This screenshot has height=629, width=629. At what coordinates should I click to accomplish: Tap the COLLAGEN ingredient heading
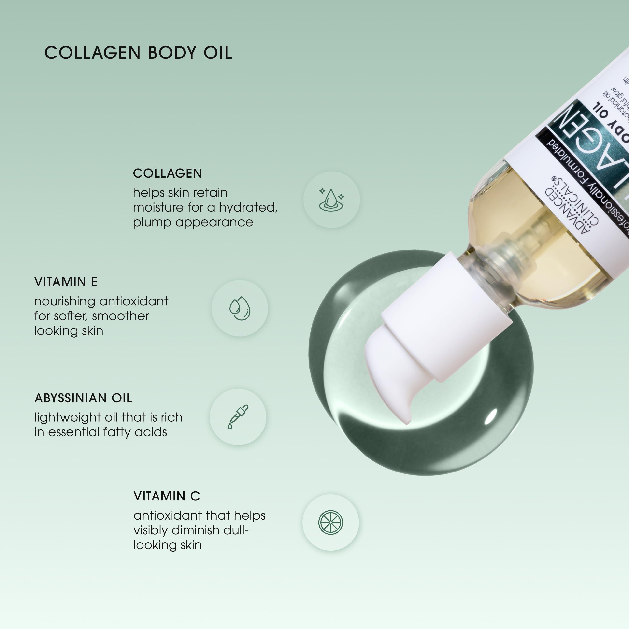(167, 173)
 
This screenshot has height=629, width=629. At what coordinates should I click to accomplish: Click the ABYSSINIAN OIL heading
(83, 398)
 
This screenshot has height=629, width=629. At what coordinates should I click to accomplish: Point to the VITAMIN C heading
(167, 496)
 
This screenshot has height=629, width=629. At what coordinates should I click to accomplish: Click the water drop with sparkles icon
(331, 200)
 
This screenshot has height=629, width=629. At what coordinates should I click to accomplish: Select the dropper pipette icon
(238, 417)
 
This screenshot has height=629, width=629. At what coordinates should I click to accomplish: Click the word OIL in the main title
(218, 53)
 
